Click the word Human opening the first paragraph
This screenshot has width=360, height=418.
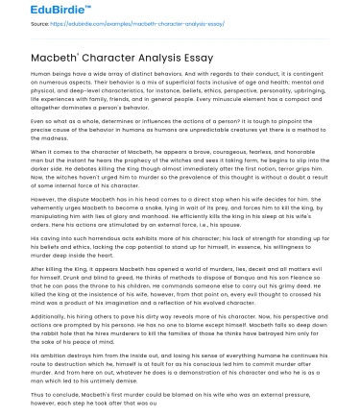(x=41, y=73)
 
